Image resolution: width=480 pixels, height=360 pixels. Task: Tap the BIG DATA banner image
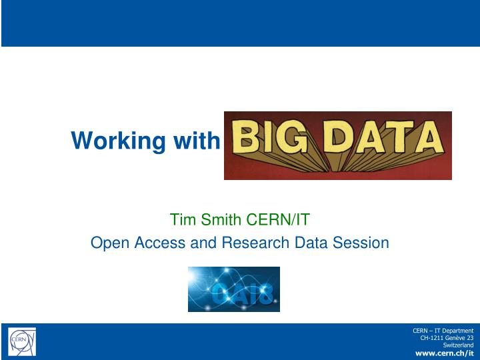pos(337,145)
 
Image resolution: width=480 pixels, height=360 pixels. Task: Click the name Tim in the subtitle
pos(182,220)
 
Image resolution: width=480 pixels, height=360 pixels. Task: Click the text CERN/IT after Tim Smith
pos(279,220)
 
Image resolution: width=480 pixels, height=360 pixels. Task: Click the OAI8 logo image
pos(233,289)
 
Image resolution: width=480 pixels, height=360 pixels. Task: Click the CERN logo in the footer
pos(21,342)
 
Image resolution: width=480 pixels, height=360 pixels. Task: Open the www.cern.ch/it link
pos(444,353)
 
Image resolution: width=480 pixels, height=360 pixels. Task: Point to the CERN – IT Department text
pos(443,330)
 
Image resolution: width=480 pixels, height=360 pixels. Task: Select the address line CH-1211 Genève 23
pos(446,338)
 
